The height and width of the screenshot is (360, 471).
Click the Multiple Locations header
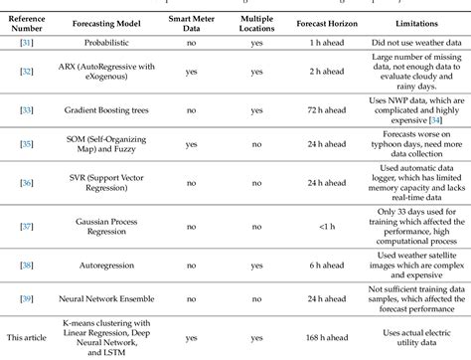(257, 20)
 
